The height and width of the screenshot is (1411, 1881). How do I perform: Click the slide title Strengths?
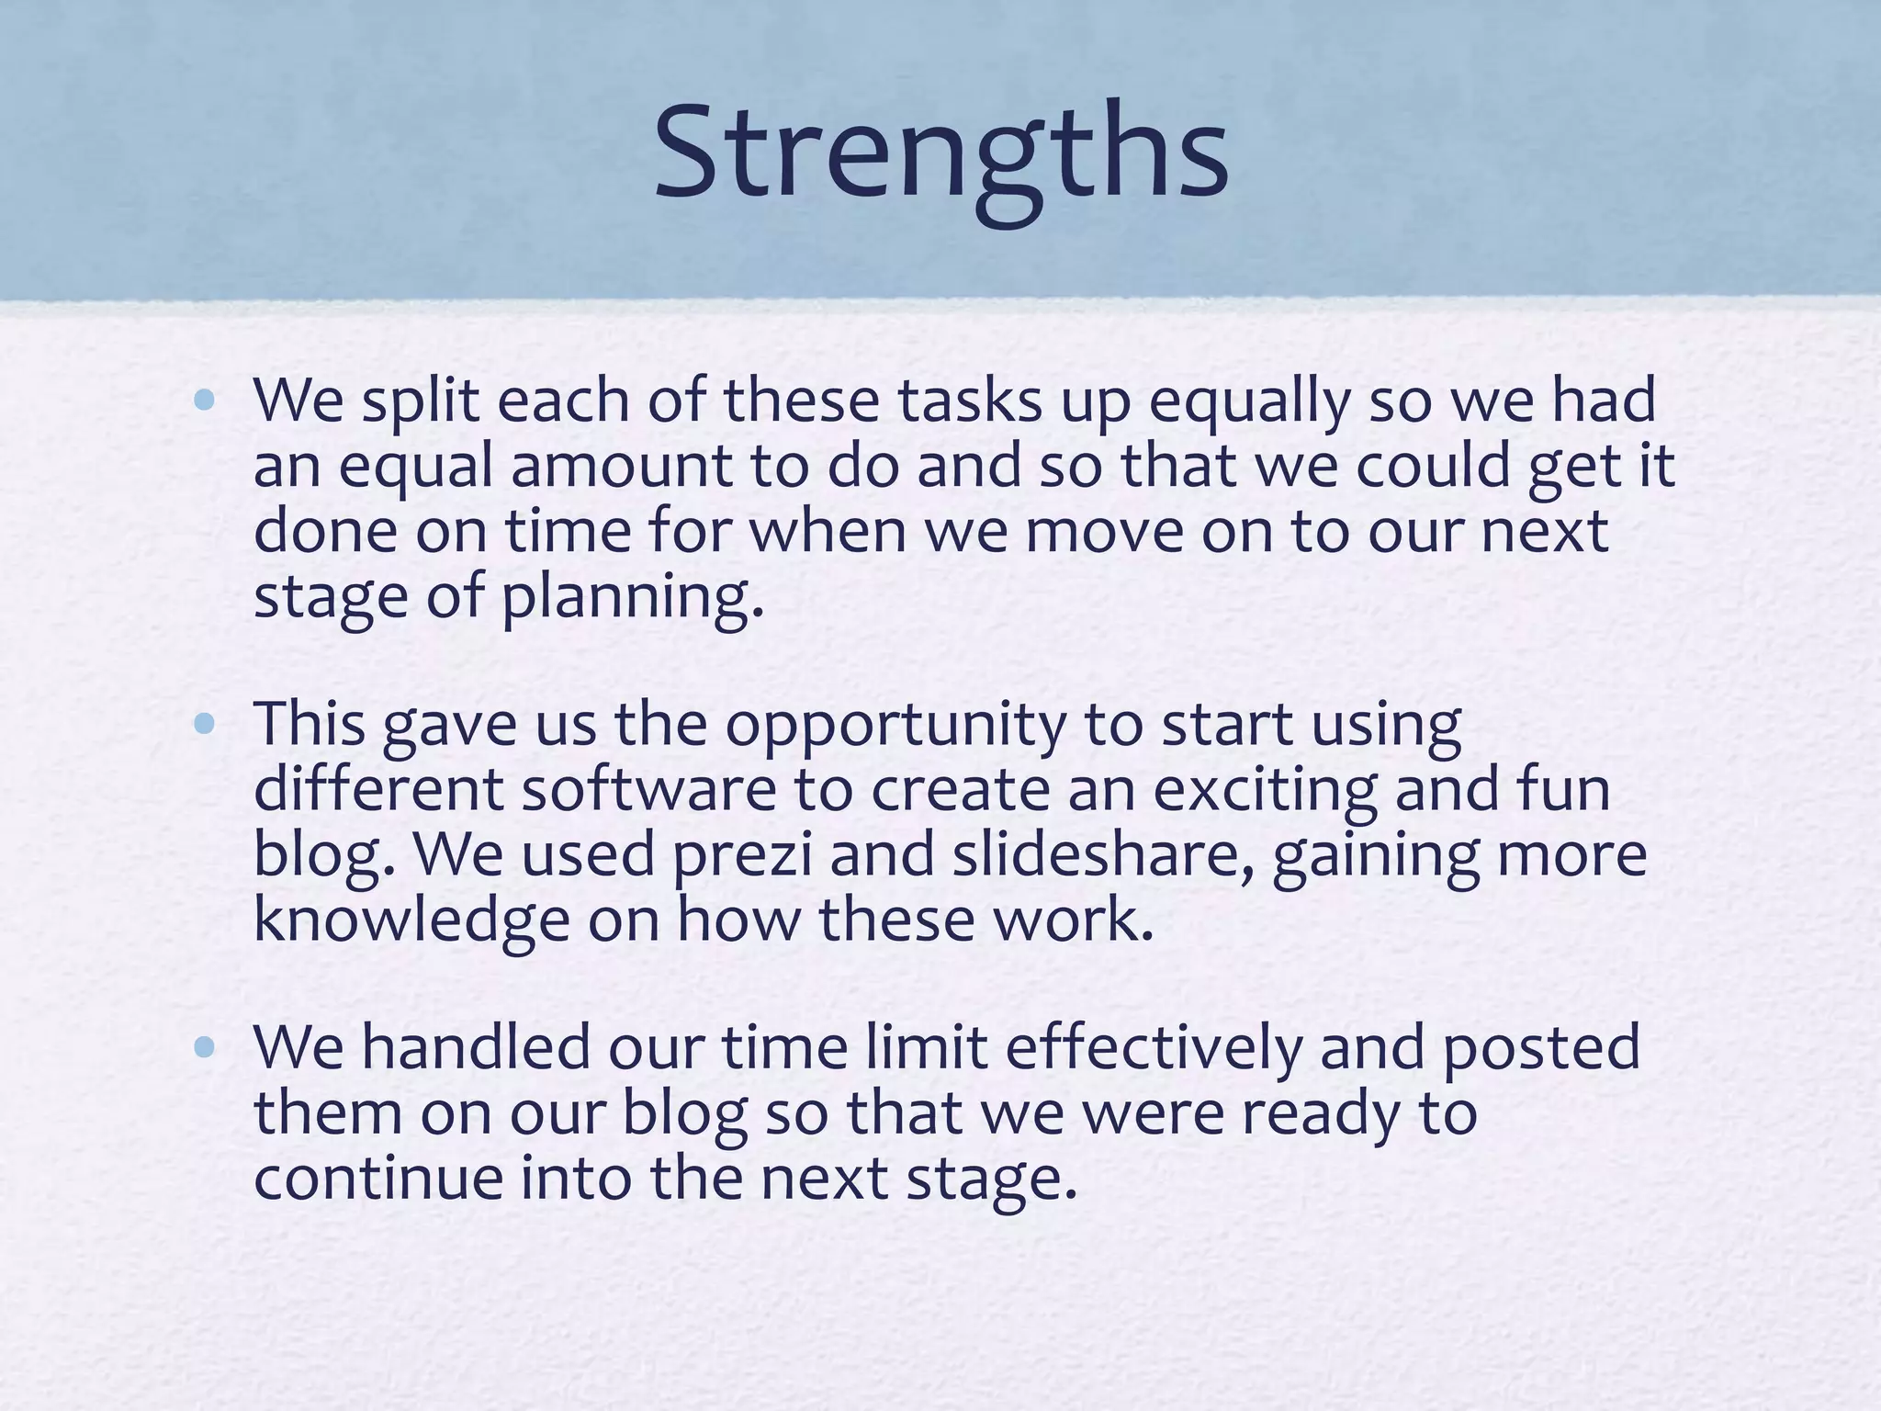940,152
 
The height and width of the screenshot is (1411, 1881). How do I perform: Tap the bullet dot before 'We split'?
205,401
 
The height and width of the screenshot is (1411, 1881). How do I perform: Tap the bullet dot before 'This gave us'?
205,725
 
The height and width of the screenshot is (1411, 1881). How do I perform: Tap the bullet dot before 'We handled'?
205,1047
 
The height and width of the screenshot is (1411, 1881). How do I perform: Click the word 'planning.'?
632,597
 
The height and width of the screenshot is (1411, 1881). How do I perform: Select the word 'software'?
649,789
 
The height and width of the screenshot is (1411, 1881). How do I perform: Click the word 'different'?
378,789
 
